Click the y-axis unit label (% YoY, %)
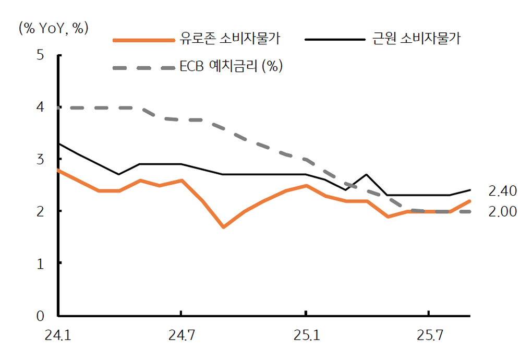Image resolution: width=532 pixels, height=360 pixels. pyautogui.click(x=53, y=28)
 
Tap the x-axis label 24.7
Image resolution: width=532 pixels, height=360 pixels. pyautogui.click(x=181, y=335)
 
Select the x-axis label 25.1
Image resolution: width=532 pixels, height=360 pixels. pyautogui.click(x=305, y=335)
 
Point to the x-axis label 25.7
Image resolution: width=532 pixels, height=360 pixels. pyautogui.click(x=428, y=335)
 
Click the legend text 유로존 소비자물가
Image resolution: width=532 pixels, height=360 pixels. pyautogui.click(x=233, y=39)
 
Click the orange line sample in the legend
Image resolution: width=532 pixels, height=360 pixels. pyautogui.click(x=143, y=40)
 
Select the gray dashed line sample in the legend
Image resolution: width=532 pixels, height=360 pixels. pyautogui.click(x=143, y=67)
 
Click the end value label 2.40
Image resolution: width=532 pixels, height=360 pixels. pyautogui.click(x=502, y=191)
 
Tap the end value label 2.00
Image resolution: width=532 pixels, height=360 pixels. pyautogui.click(x=502, y=211)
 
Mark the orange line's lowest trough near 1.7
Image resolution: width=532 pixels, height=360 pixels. pyautogui.click(x=223, y=227)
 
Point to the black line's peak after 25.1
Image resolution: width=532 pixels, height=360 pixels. pyautogui.click(x=367, y=175)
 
